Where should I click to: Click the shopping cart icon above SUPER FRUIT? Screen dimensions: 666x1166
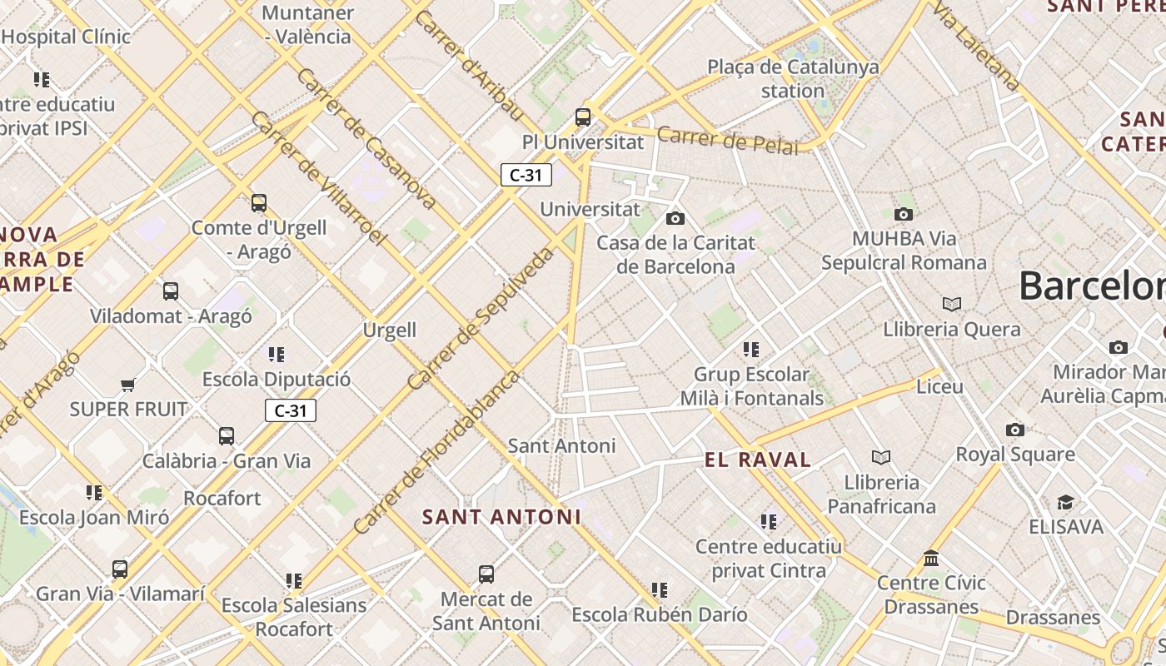[x=127, y=385]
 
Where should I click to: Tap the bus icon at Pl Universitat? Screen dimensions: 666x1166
[x=583, y=117]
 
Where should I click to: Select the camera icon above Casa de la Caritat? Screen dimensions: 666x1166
[x=675, y=218]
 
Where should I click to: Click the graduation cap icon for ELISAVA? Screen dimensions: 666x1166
[x=1065, y=502]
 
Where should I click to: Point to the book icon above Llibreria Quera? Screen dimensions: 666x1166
[x=952, y=305]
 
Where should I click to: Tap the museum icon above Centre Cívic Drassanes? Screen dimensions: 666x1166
[x=931, y=558]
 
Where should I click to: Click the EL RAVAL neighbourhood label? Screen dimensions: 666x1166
[x=757, y=460]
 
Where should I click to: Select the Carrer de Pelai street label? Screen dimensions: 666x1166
[x=727, y=140]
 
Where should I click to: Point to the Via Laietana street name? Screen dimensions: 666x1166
[x=975, y=45]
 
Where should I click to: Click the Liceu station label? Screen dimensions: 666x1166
[x=939, y=386]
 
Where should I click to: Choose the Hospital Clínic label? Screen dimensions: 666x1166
[x=67, y=37]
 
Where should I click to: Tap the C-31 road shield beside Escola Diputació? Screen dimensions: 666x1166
[x=291, y=410]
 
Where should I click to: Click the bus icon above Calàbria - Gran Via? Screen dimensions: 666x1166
[x=227, y=435]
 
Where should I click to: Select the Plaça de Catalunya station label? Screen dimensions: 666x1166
[x=793, y=78]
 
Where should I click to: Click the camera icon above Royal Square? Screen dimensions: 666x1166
[x=1014, y=430]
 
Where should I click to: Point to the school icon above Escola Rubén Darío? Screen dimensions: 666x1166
[x=660, y=590]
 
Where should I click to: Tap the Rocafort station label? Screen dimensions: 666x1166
[x=222, y=498]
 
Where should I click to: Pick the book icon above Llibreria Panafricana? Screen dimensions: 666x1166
[x=881, y=457]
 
